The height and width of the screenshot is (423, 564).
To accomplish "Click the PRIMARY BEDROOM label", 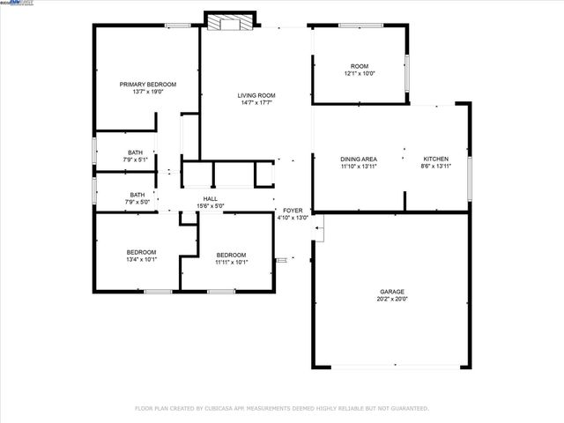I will (x=148, y=84).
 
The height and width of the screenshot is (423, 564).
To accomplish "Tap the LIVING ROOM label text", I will (x=256, y=95).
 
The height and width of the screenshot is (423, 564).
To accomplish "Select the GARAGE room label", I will (x=392, y=292).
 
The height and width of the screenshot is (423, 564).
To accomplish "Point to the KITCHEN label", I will (x=436, y=159).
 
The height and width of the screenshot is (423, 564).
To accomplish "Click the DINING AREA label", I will (x=359, y=159).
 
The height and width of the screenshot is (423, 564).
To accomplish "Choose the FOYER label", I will (x=293, y=211).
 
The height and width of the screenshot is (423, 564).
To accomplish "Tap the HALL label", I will (x=211, y=199).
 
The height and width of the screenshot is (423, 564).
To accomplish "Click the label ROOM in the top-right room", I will (x=360, y=66).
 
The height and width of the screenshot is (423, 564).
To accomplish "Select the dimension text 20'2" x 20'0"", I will (x=392, y=299).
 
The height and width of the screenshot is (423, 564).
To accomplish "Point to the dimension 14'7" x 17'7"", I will (x=256, y=102).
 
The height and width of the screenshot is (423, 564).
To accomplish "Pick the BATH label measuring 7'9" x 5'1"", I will (x=135, y=152).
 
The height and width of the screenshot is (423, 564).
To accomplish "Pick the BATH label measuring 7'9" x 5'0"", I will (x=137, y=195).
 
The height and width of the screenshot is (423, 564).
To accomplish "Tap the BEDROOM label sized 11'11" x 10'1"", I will (x=232, y=255).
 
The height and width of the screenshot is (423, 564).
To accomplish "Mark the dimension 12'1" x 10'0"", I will (x=360, y=73).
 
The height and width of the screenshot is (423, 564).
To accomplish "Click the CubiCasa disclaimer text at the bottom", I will (x=282, y=408).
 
